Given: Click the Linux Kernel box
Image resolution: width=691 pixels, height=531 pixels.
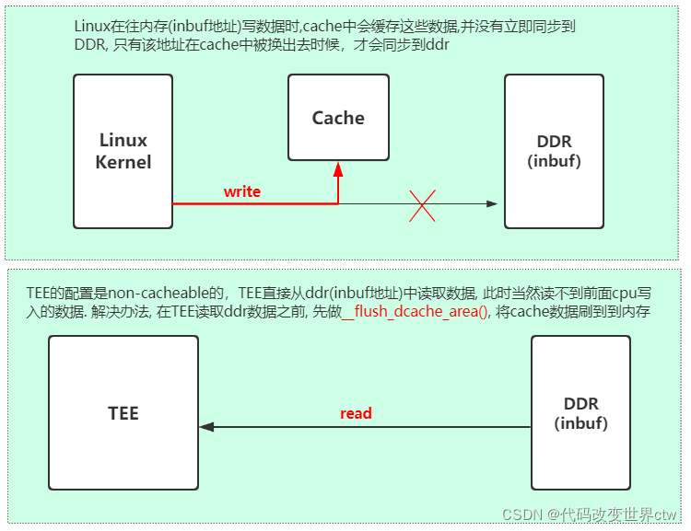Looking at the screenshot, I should coord(123,151).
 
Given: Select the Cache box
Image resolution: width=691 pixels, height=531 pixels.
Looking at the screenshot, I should coord(338,118).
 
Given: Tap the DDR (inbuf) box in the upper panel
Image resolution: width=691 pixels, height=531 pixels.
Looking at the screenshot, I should coord(554,151).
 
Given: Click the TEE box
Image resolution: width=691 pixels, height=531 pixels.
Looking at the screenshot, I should coord(123,412).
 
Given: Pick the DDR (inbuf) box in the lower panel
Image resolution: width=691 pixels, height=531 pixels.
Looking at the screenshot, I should coord(580,412).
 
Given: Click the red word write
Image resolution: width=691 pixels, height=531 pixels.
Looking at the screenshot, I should coord(242,191).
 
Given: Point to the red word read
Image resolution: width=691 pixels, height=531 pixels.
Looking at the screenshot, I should coord(356,413).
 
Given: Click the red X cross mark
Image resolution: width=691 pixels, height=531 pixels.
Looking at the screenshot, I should coord(422,203).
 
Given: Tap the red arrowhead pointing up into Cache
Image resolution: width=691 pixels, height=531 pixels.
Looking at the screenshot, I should coord(338,169).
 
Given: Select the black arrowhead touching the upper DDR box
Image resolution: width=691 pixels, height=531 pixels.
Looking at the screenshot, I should coord(492,203).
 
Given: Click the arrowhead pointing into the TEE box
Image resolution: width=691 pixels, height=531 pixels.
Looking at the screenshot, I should coord(206,427).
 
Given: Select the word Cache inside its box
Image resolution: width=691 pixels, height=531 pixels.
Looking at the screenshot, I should coord(338,118).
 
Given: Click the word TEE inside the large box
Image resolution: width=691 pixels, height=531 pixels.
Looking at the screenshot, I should coord(123,412).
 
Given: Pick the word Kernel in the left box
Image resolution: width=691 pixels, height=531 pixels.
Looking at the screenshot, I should coord(123,162).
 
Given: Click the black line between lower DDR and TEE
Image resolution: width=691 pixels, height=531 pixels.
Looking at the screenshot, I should coord(369,427).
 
